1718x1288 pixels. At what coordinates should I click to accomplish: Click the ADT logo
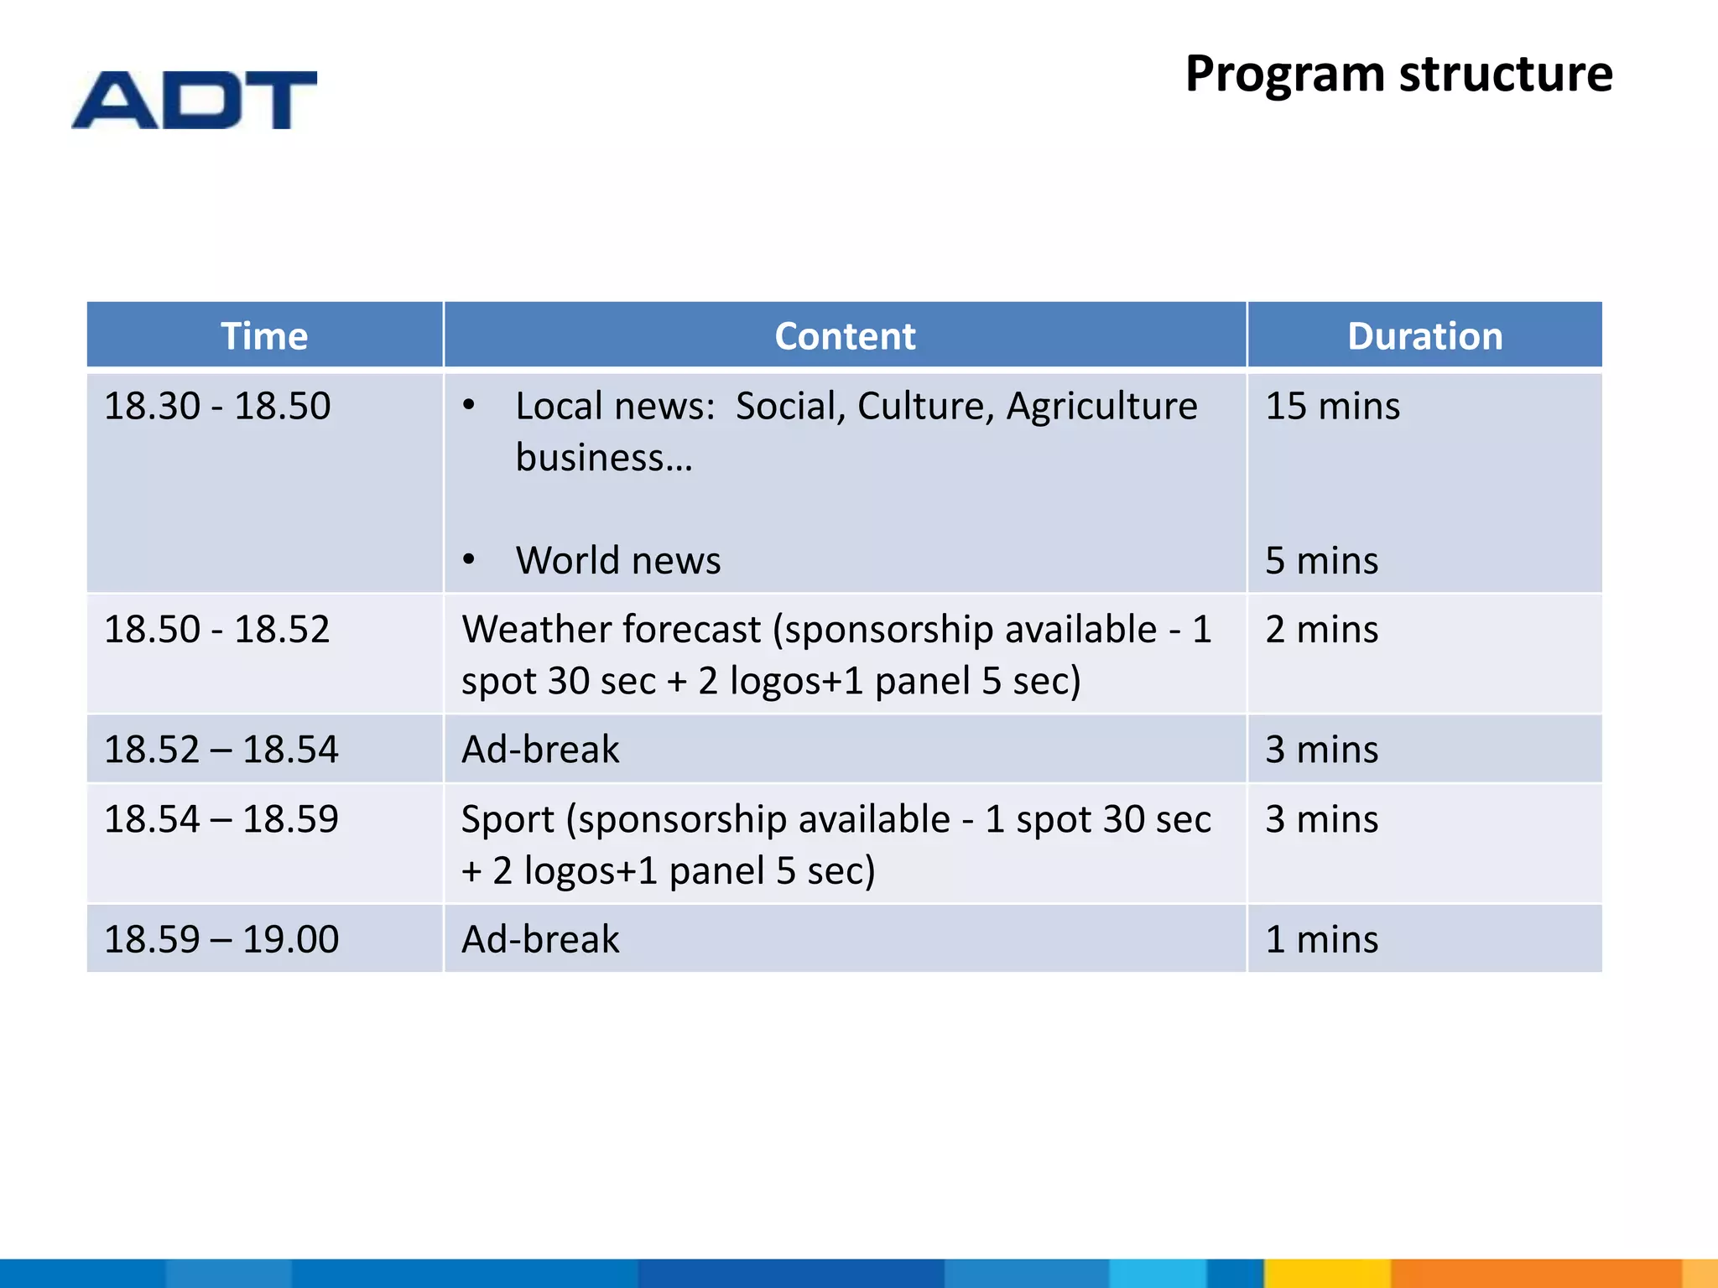194,100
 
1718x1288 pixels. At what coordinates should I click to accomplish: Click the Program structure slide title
1398,74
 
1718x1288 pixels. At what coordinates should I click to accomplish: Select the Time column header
264,336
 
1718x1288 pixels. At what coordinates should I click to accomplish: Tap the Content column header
844,336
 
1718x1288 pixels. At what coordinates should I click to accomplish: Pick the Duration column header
1424,336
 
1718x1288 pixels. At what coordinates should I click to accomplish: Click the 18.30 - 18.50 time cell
217,407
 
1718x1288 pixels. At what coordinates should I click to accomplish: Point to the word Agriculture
1101,407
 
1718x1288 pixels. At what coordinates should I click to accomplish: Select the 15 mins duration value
1332,407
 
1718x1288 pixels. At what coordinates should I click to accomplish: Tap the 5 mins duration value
1321,561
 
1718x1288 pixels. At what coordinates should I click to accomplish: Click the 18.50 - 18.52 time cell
217,630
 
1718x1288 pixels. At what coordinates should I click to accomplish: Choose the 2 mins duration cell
1321,630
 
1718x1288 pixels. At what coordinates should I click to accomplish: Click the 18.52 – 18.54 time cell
221,750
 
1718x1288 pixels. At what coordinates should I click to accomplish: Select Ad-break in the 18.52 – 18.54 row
540,750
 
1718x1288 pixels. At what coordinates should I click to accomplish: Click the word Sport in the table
508,820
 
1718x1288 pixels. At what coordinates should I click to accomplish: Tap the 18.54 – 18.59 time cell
221,819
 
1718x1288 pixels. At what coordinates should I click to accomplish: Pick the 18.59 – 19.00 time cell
221,939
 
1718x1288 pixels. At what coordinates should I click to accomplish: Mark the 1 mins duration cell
1321,939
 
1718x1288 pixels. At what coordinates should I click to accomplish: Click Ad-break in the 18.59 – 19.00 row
540,939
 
